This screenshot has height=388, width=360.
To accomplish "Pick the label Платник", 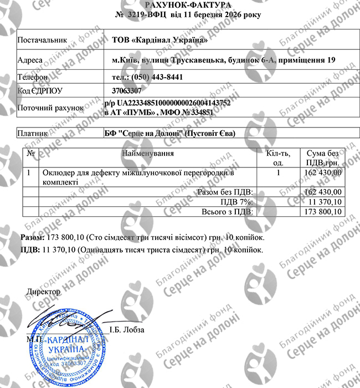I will coord(33,133).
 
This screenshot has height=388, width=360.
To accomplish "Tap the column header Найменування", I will coord(148,152).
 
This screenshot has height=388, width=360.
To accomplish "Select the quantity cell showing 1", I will coord(278,173).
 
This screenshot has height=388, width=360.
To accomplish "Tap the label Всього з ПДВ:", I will coord(229,212).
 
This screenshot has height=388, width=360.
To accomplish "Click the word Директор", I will coord(43,291).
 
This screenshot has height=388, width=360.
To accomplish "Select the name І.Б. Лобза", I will coord(127,330).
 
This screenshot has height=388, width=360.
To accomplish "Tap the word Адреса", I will coord(30,59).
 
